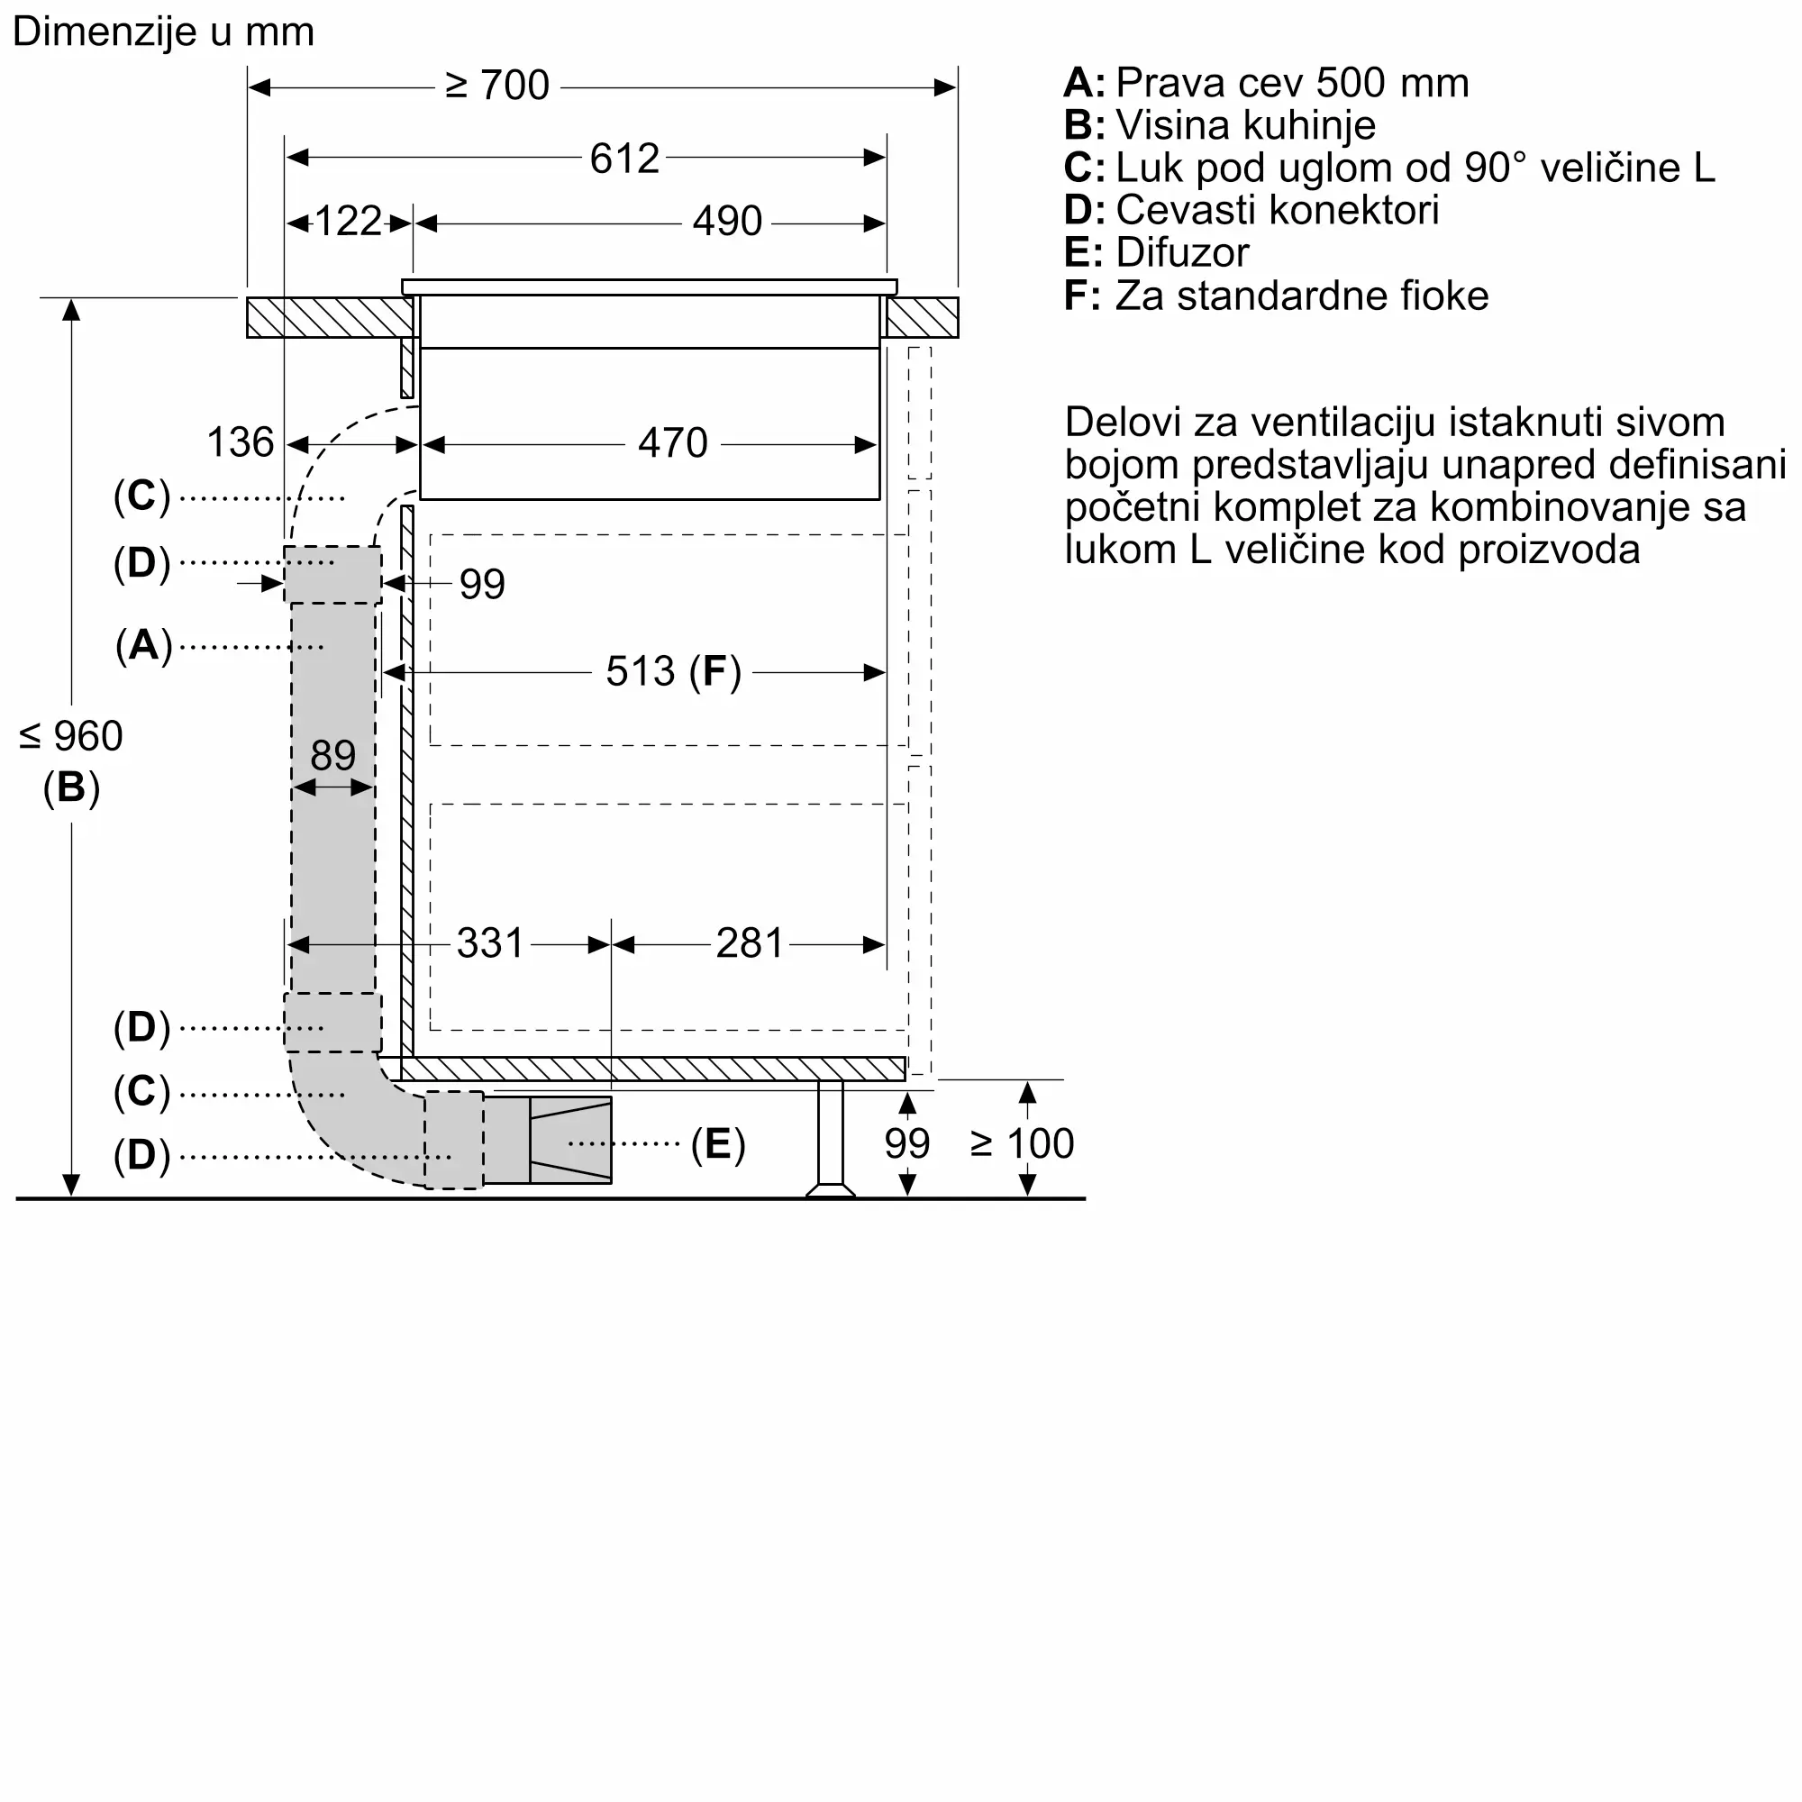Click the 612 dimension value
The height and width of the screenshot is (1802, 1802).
tap(624, 159)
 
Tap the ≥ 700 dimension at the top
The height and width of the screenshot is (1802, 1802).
tap(497, 86)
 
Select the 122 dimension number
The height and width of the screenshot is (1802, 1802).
tap(348, 222)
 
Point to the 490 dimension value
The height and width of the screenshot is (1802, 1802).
tap(727, 222)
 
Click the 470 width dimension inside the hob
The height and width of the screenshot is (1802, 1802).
tap(672, 443)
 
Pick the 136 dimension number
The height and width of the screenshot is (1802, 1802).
tap(240, 443)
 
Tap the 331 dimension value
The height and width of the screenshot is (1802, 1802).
tap(491, 944)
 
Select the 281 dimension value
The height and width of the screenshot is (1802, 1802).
tap(750, 944)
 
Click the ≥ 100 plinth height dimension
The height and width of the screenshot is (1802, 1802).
tap(1023, 1143)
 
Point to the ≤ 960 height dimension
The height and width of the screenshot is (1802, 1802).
tap(71, 737)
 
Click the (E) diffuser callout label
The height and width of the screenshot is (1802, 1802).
tap(717, 1143)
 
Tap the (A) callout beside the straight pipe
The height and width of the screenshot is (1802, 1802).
tap(143, 645)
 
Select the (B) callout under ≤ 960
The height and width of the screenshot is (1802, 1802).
tap(71, 787)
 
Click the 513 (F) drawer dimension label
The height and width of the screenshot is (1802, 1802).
tap(672, 671)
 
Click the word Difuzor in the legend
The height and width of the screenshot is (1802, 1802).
tap(1182, 253)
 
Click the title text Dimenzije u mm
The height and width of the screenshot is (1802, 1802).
tap(163, 32)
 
